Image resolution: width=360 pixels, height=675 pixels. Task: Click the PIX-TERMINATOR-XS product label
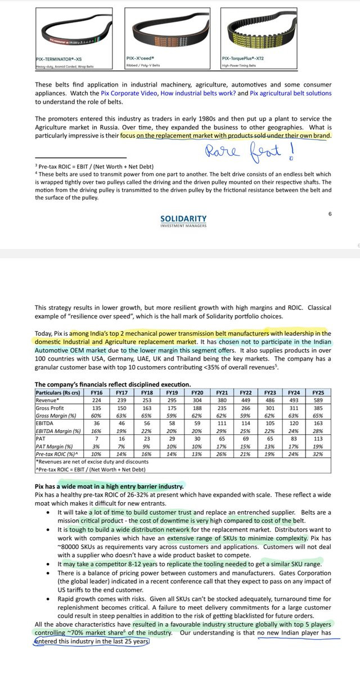(x=55, y=58)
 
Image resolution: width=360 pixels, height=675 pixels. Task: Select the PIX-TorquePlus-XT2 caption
(x=243, y=58)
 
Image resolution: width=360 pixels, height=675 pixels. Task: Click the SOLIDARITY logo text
(x=183, y=219)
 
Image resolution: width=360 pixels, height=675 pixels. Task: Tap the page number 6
(x=330, y=214)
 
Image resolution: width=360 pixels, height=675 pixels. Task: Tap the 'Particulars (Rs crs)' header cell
(x=58, y=392)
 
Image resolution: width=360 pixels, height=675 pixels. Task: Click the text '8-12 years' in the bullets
(x=146, y=564)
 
